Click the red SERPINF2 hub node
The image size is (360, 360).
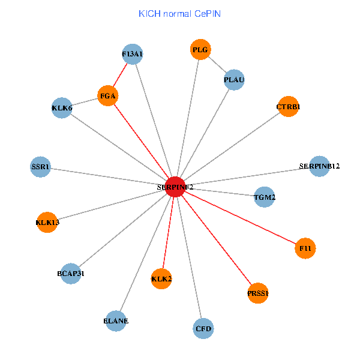[x=175, y=187]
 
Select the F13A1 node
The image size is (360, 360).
[x=132, y=54]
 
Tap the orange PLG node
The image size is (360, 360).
[x=200, y=50]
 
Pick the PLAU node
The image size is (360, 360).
[x=234, y=80]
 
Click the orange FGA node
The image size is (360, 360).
[x=108, y=95]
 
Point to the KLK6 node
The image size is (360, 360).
[x=62, y=108]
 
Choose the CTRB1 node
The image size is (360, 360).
[x=288, y=107]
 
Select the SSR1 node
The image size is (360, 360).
[x=41, y=166]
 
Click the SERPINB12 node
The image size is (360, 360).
[x=319, y=166]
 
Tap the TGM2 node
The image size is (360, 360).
[x=265, y=197]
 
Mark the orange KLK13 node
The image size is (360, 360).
[x=47, y=223]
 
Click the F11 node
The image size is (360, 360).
[x=305, y=248]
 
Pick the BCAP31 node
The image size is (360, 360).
[x=71, y=274]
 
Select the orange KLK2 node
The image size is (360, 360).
[x=161, y=278]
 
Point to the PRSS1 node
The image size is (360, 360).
[x=258, y=293]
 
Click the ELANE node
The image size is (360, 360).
[x=116, y=320]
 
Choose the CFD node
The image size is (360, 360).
[x=204, y=328]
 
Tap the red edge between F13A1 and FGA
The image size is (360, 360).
[x=120, y=74]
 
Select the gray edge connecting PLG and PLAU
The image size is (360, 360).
[x=217, y=65]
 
